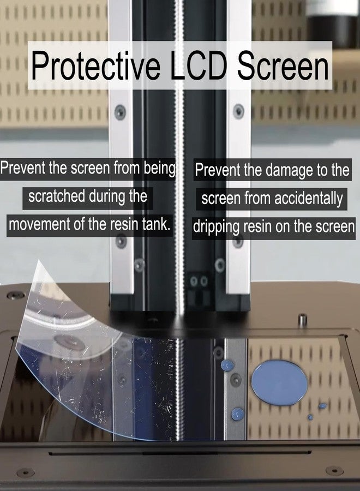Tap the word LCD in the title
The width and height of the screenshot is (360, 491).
(199, 65)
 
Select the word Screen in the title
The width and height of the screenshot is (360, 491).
(283, 65)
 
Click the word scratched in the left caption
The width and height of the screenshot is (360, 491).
(56, 196)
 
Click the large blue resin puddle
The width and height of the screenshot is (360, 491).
(279, 382)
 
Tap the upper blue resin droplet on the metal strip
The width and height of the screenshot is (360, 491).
(227, 365)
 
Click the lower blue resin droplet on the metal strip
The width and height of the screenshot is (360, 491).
(238, 414)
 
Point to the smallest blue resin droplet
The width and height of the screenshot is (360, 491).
(310, 417)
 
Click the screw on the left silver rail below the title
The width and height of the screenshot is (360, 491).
(120, 112)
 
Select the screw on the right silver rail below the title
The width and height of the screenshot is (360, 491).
(238, 111)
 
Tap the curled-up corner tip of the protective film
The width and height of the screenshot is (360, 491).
(38, 261)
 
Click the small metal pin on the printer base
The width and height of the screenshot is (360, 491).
(302, 320)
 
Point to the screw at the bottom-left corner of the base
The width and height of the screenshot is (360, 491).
(25, 472)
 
